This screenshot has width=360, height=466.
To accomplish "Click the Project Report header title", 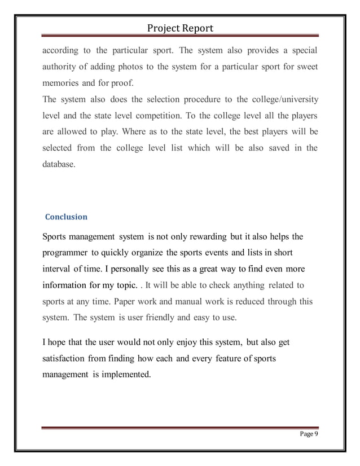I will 180,28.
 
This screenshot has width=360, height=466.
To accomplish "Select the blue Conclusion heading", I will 66,217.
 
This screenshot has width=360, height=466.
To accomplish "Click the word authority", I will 60,68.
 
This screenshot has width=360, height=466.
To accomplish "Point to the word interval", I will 59,268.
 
